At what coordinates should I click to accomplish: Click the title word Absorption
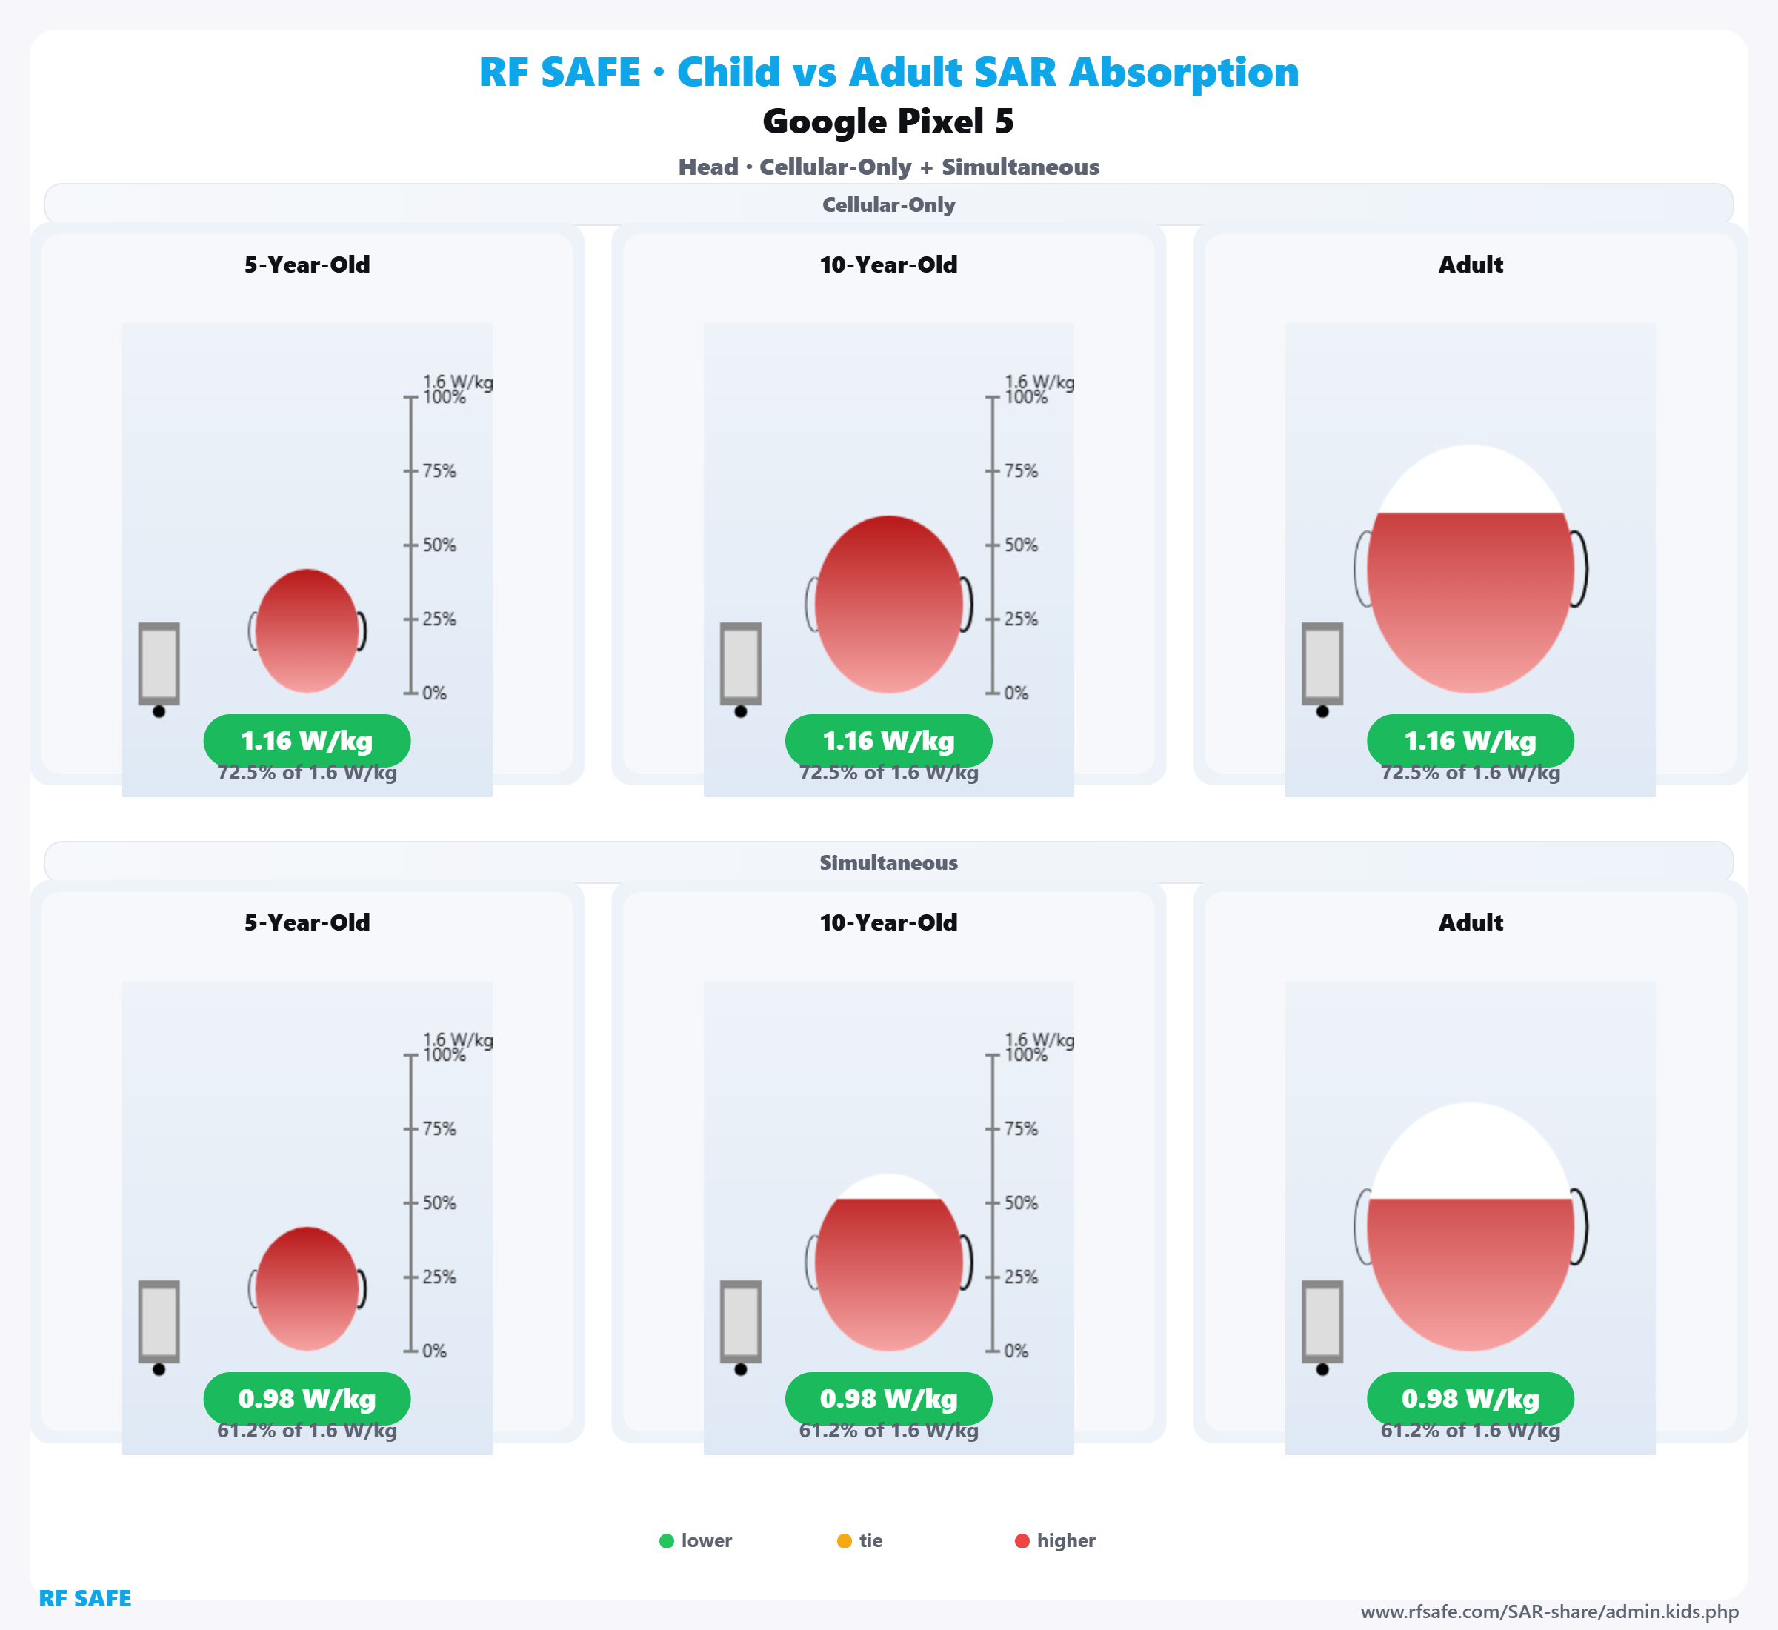click(1184, 73)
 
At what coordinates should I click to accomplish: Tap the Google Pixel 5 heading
click(888, 121)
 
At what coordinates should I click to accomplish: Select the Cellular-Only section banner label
click(888, 204)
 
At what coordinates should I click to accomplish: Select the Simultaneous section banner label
click(888, 862)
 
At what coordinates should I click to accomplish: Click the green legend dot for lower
click(667, 1541)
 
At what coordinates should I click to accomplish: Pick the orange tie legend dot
click(844, 1541)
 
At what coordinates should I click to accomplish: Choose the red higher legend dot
click(1022, 1541)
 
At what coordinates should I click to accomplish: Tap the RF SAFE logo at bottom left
click(84, 1598)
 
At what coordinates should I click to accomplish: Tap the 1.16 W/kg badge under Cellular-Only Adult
click(1471, 741)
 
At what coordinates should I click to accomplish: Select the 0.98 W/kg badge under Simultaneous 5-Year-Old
click(307, 1399)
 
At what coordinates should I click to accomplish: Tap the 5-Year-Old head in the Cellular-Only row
click(307, 631)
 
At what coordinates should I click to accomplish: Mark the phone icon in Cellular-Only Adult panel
click(1322, 664)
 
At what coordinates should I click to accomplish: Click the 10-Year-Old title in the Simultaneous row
click(888, 922)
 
